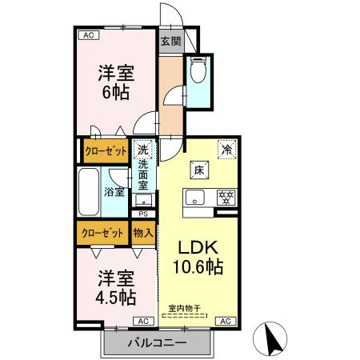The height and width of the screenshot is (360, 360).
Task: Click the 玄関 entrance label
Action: pyautogui.click(x=170, y=42)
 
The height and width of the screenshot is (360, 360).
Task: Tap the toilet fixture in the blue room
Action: pyautogui.click(x=198, y=73)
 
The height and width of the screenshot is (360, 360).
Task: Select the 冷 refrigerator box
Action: pyautogui.click(x=227, y=148)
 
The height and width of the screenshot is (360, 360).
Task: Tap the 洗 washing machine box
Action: pyautogui.click(x=143, y=149)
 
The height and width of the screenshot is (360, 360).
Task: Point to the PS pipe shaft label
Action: pyautogui.click(x=143, y=214)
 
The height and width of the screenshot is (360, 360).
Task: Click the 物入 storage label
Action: pyautogui.click(x=143, y=233)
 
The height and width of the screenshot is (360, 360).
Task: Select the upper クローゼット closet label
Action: pyautogui.click(x=106, y=150)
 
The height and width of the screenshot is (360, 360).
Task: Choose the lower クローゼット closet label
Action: pyautogui.click(x=102, y=233)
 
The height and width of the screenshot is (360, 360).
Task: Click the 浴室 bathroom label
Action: pyautogui.click(x=114, y=191)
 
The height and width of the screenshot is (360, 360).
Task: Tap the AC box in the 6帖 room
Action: pyautogui.click(x=87, y=35)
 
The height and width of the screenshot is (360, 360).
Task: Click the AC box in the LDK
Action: pyautogui.click(x=224, y=321)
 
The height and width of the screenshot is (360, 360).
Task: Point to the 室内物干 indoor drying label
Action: pyautogui.click(x=186, y=308)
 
